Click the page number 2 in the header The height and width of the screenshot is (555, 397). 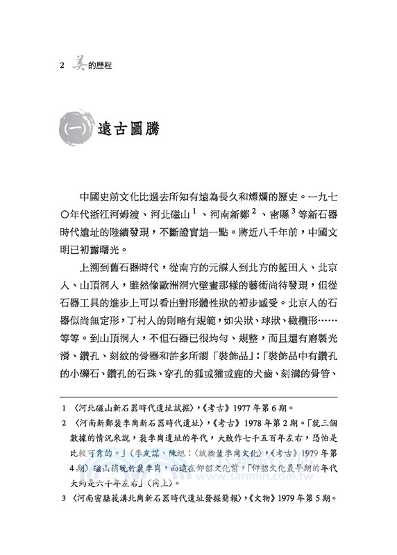(62, 68)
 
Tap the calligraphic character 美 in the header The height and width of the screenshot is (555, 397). (77, 65)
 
